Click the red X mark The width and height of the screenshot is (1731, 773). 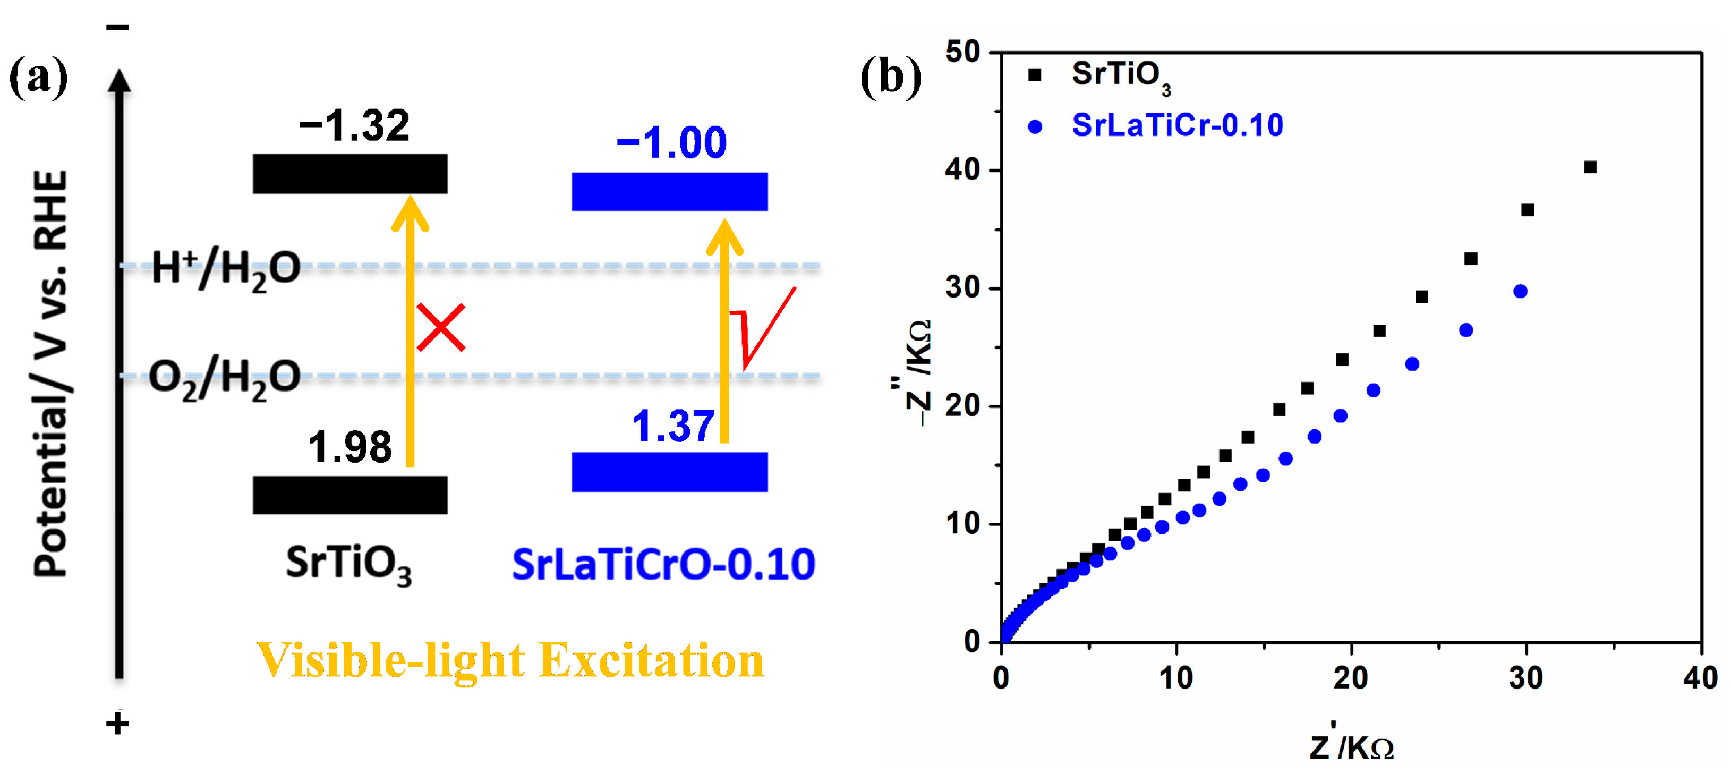tap(440, 327)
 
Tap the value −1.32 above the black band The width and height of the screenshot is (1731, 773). tap(354, 126)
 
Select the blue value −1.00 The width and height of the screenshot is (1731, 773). tap(671, 142)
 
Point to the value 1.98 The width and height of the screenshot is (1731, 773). tap(349, 447)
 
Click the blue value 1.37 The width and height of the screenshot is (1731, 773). tap(673, 426)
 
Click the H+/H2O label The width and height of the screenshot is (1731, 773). tap(226, 268)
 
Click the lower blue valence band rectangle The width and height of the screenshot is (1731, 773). tap(669, 472)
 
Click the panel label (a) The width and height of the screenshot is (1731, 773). tap(38, 78)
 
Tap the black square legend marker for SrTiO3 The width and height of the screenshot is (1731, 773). tap(1035, 75)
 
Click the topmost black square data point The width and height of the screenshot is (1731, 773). tap(1590, 167)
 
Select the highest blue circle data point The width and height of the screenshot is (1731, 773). tap(1520, 291)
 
